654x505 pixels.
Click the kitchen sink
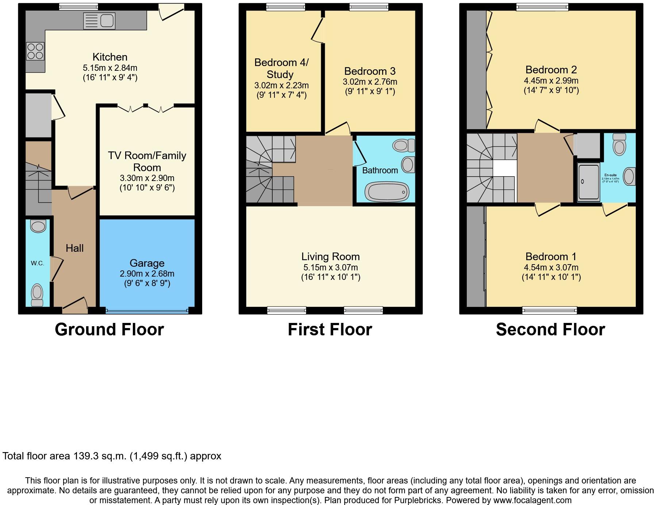click(x=99, y=20)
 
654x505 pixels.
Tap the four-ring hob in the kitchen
click(x=35, y=51)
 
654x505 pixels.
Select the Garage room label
click(x=147, y=263)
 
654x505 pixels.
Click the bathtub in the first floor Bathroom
click(x=387, y=192)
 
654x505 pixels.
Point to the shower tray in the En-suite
click(x=588, y=182)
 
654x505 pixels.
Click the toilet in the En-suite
click(x=619, y=145)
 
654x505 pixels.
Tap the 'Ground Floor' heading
click(x=109, y=329)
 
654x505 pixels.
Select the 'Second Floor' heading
click(x=550, y=329)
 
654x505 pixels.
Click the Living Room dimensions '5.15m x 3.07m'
click(x=330, y=267)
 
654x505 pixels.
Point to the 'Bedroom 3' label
click(x=370, y=71)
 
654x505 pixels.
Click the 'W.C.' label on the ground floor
click(x=37, y=263)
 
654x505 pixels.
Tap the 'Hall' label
click(x=74, y=248)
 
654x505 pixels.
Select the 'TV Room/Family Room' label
click(x=147, y=161)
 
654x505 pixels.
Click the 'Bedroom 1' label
click(x=551, y=257)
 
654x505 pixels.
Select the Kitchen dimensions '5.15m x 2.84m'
click(x=110, y=68)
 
